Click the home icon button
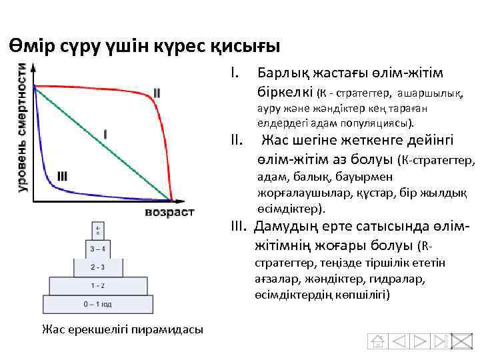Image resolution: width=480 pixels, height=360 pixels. [x=378, y=341]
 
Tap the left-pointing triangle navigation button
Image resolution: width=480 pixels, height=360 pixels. [x=399, y=341]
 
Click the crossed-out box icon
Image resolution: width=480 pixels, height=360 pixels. [x=461, y=341]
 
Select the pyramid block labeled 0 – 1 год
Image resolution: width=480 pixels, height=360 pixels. [x=97, y=304]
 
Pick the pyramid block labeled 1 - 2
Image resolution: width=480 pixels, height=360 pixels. [x=97, y=285]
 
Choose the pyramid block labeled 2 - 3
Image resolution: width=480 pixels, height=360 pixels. [x=97, y=267]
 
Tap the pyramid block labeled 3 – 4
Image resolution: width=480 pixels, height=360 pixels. [x=97, y=249]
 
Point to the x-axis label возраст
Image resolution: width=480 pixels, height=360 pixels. [x=169, y=212]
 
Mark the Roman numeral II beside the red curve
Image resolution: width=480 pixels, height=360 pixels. [x=156, y=92]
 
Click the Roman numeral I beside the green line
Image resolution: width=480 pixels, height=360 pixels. [x=105, y=133]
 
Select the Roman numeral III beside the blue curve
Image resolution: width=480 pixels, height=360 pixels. [x=62, y=175]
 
